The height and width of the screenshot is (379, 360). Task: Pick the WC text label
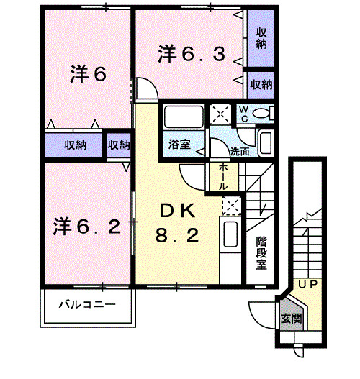(243, 113)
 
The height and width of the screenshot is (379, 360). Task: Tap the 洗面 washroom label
(240, 152)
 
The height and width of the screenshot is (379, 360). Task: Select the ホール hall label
(222, 175)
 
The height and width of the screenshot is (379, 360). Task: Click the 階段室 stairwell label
(261, 253)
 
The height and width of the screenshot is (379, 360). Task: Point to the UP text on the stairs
(308, 285)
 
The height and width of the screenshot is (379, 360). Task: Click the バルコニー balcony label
(87, 305)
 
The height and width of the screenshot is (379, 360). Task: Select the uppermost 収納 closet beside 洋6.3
(261, 37)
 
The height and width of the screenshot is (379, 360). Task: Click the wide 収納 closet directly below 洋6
(75, 144)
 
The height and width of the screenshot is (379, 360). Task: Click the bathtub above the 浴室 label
(182, 117)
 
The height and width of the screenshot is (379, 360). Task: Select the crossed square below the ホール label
(231, 206)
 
